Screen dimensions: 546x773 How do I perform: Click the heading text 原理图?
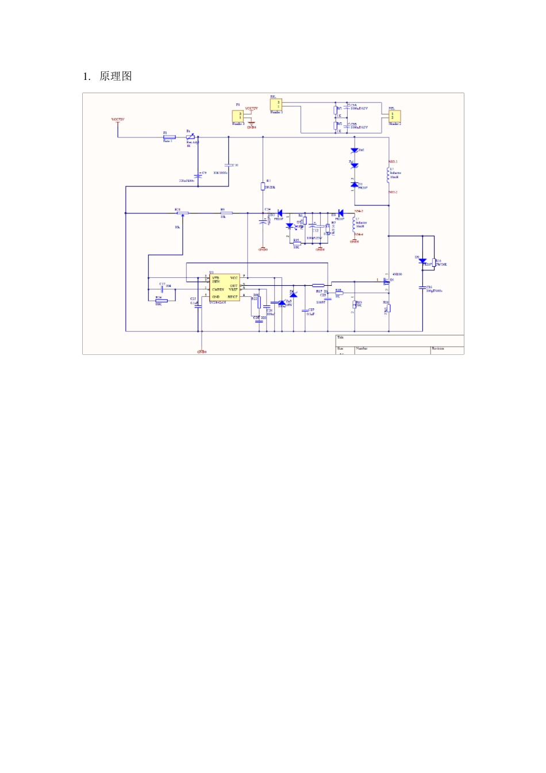116,76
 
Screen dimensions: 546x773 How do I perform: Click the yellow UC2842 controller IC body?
224,288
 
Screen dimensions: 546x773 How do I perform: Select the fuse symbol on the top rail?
169,137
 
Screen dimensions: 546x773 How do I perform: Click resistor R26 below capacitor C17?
162,301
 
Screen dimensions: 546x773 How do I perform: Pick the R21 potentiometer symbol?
182,213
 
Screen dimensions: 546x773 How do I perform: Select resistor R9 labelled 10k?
226,213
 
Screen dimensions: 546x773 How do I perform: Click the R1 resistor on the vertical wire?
263,186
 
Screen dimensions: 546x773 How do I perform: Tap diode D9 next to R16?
423,261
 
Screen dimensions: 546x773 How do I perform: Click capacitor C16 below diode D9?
422,287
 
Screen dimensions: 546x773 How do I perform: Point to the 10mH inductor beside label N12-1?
388,175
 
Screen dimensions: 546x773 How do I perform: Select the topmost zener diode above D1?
355,151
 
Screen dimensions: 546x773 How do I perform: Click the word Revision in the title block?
438,349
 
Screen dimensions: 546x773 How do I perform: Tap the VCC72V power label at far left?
118,120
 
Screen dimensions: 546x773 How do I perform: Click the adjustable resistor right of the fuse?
190,137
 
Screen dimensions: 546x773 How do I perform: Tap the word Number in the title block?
362,349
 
